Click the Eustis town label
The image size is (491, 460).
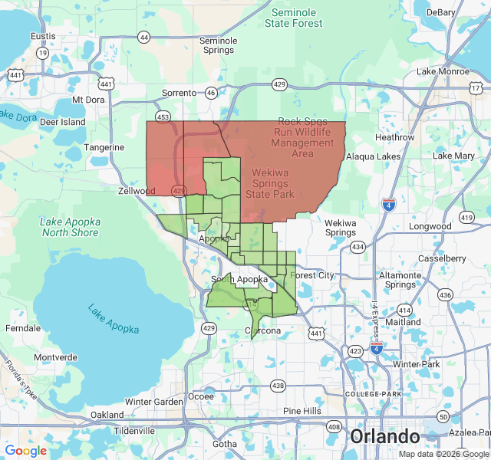(43, 36)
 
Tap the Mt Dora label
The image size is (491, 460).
(87, 100)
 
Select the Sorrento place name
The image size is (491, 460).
(179, 93)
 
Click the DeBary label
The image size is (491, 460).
(441, 12)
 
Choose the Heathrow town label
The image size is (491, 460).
(395, 137)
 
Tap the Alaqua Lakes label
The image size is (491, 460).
(373, 156)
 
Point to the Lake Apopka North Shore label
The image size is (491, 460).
(69, 227)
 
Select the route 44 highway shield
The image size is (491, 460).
(144, 37)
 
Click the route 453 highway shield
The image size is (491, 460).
(163, 117)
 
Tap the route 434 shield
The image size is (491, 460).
(358, 247)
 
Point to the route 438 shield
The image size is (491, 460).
(278, 386)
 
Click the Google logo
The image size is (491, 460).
(26, 451)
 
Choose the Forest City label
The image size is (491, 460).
(313, 275)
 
